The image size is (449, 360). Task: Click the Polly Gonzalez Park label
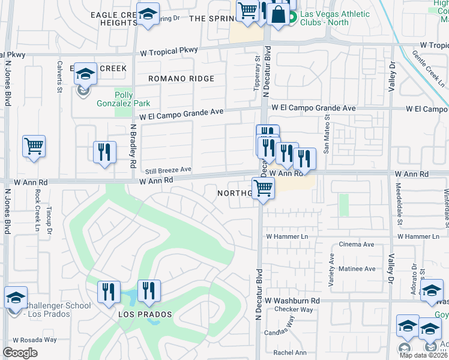[x=124, y=98]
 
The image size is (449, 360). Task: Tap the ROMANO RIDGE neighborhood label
[x=181, y=79]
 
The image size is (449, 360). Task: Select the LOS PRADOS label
[x=145, y=314]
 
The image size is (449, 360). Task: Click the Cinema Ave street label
[x=357, y=244]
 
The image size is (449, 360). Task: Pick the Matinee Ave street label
[x=357, y=269]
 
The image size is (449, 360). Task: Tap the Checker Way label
[x=294, y=310]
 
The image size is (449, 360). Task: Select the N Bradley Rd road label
[x=133, y=146]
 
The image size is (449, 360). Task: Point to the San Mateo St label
[x=326, y=139]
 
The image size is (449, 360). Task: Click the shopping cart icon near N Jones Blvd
[x=34, y=146]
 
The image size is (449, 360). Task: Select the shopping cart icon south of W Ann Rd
[x=262, y=188]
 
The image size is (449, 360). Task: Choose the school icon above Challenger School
[x=16, y=297]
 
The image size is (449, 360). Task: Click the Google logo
[x=20, y=353]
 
